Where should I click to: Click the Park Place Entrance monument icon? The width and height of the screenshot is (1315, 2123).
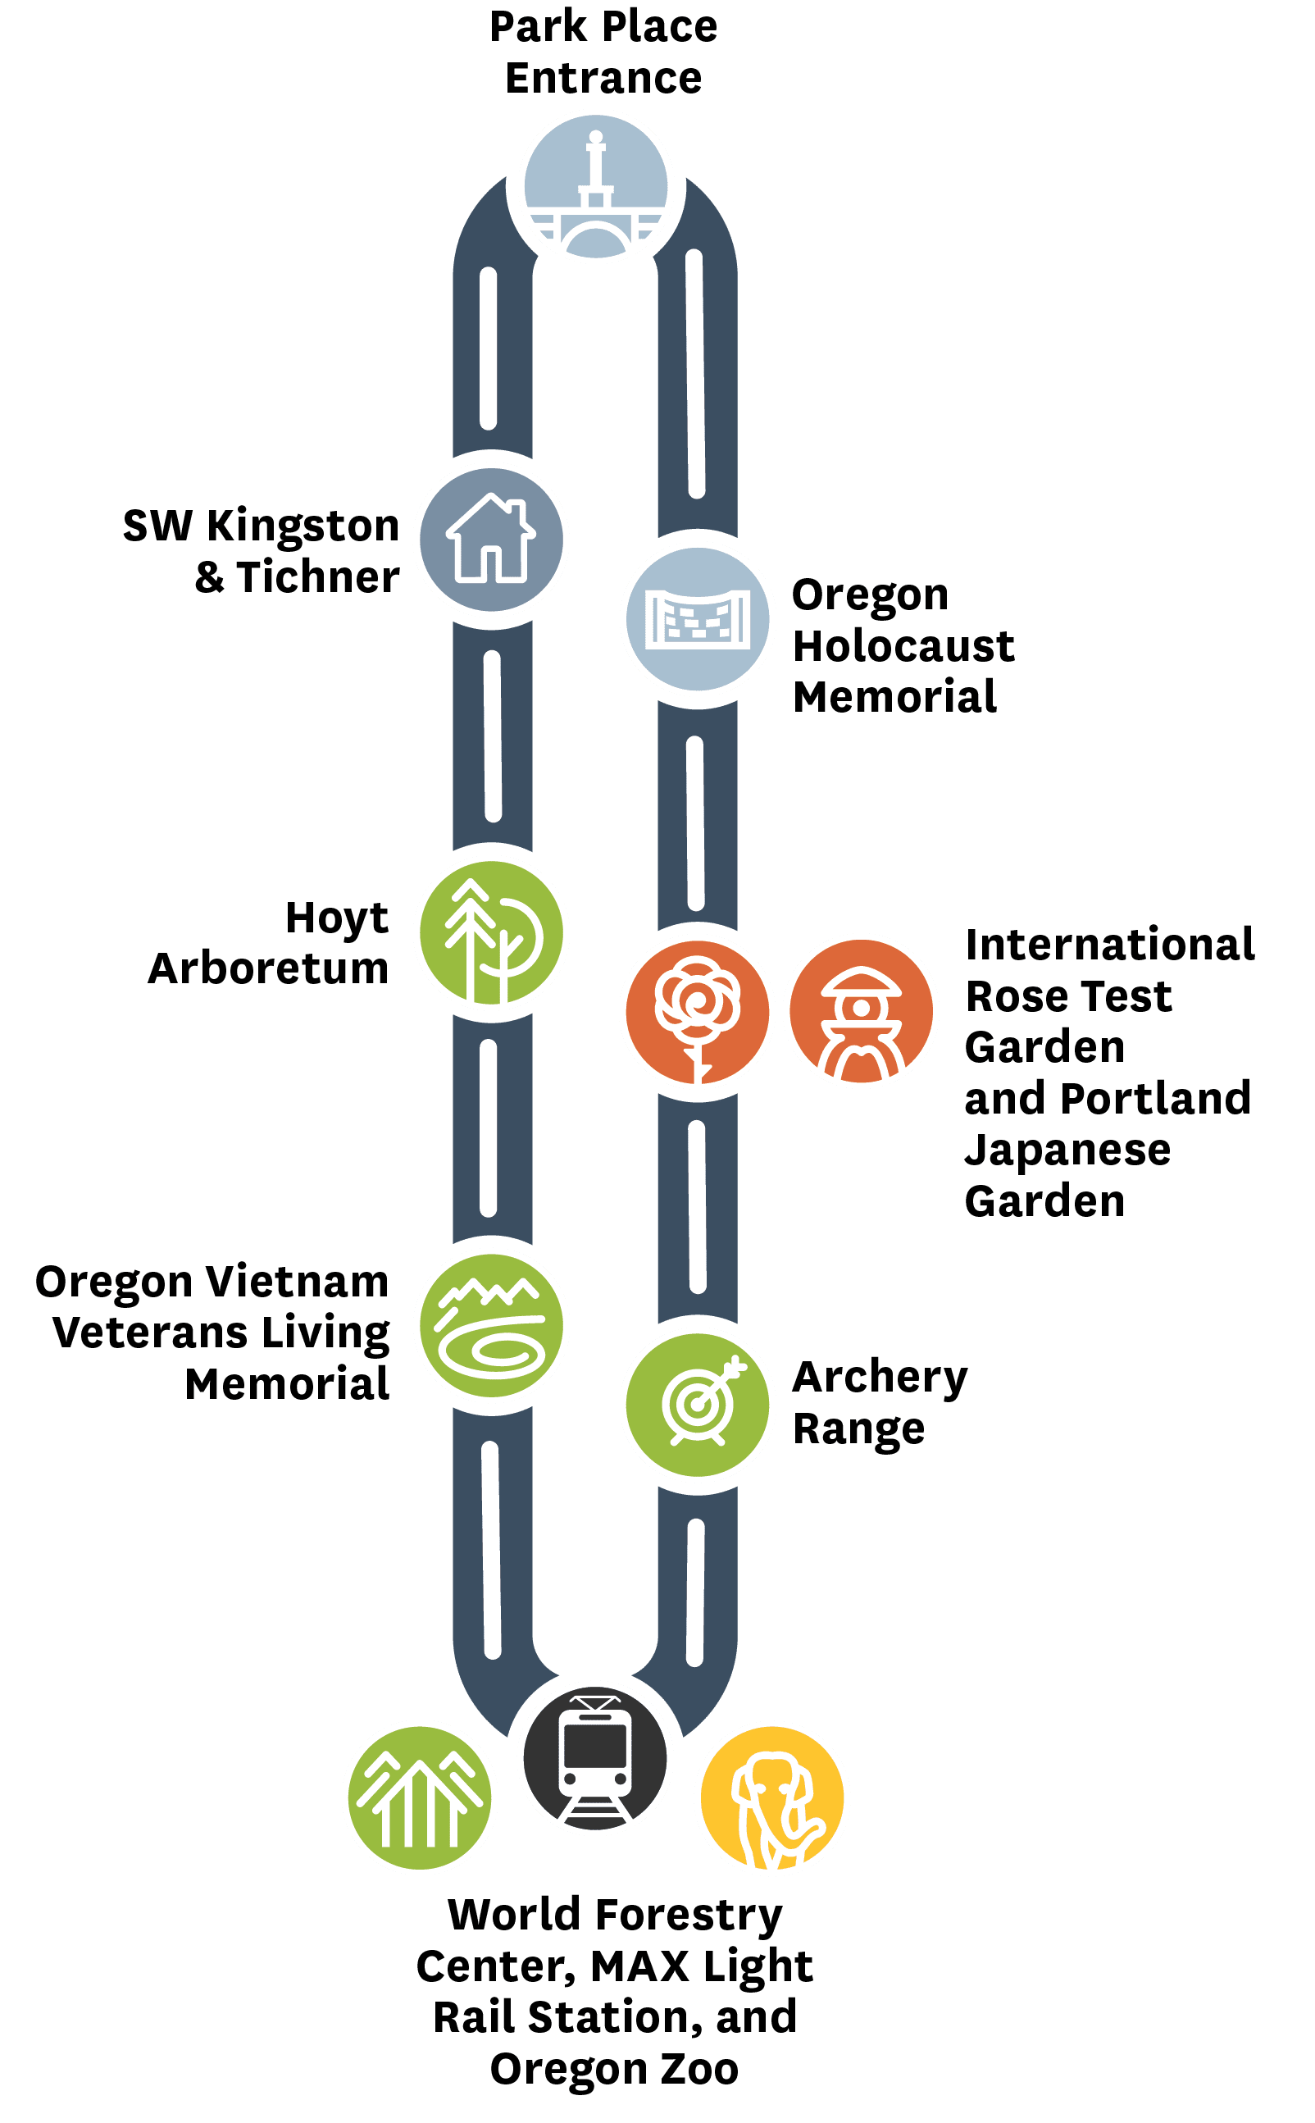(596, 186)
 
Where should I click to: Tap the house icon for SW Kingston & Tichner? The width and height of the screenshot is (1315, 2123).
(491, 540)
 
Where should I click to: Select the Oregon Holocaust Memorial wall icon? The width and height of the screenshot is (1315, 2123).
(698, 618)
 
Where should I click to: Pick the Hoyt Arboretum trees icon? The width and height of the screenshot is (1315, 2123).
(491, 932)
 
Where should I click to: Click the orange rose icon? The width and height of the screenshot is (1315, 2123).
(698, 1012)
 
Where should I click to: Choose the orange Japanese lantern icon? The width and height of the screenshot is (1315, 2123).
(861, 1010)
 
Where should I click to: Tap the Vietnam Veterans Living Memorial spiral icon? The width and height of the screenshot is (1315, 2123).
(491, 1325)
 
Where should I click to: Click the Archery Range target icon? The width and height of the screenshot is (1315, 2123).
(698, 1405)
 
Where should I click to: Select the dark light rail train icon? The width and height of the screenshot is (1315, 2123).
(595, 1759)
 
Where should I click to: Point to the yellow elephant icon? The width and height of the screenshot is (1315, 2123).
(772, 1797)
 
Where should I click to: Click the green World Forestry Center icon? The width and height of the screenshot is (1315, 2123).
(420, 1797)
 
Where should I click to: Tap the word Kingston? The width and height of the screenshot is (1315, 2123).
(303, 527)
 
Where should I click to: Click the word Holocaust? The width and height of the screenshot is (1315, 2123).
(903, 646)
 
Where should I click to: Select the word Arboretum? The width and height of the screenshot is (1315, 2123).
(269, 968)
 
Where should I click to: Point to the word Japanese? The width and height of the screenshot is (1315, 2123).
(1068, 1151)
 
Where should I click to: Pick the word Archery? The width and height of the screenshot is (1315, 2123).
(880, 1378)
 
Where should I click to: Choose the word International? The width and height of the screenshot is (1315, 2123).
(1110, 945)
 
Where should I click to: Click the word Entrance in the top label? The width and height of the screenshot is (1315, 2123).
(603, 78)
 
